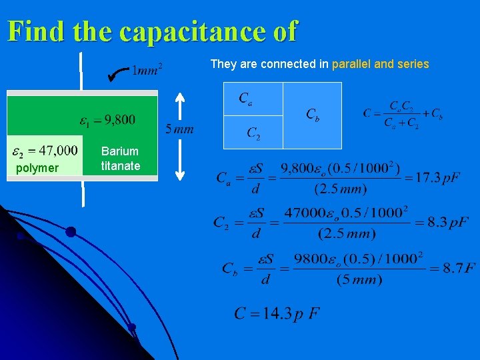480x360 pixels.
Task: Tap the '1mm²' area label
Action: [x=148, y=69]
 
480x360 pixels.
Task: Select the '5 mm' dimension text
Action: [x=179, y=129]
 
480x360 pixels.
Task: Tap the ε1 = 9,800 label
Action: [x=107, y=121]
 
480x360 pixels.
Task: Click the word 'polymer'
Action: [x=37, y=168]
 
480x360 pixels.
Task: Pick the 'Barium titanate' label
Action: [x=121, y=159]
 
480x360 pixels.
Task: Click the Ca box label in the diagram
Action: [x=245, y=99]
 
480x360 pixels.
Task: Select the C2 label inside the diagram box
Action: [x=253, y=134]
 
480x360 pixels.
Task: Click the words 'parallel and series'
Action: [x=380, y=64]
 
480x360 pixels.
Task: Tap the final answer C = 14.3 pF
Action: [x=277, y=313]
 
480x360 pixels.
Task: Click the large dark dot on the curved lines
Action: [x=70, y=232]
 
